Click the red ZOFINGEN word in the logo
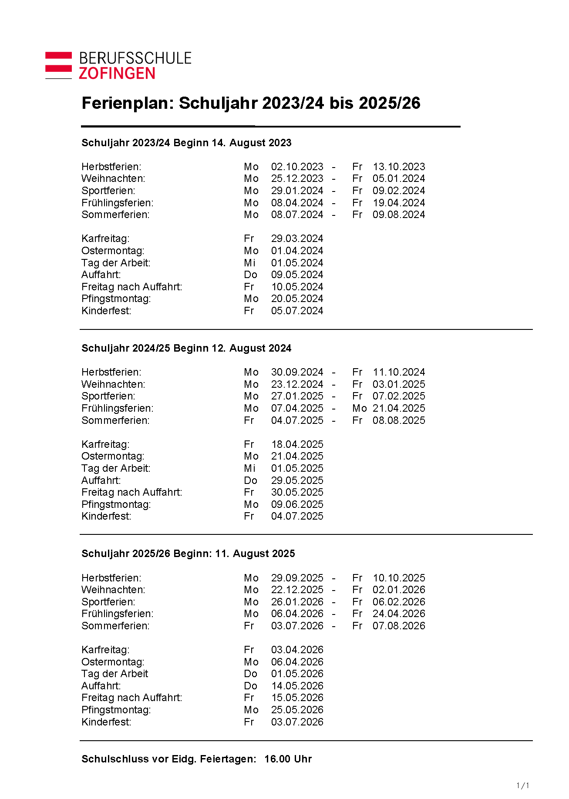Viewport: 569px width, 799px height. click(117, 73)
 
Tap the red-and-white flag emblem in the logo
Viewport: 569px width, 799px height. click(58, 65)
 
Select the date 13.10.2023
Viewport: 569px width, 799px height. click(399, 167)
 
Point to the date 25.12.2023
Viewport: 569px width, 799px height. click(297, 178)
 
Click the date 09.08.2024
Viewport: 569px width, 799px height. click(399, 215)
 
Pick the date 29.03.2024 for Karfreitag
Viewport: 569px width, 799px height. click(297, 238)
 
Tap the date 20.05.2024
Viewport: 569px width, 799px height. click(297, 299)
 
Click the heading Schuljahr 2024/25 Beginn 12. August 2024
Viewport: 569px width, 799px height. click(186, 348)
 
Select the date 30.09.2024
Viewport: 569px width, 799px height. click(297, 372)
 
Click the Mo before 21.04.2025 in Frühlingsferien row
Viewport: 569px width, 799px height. click(360, 408)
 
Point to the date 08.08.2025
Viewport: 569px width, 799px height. click(399, 420)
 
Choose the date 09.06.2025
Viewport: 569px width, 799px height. click(297, 504)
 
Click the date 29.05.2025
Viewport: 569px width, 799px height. click(297, 480)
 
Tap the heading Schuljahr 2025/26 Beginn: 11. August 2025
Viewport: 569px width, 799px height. click(188, 554)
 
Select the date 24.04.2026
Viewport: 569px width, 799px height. click(399, 614)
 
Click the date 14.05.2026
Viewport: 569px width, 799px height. click(297, 686)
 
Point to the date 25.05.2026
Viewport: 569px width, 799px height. click(297, 710)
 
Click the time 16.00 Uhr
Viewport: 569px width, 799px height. click(288, 759)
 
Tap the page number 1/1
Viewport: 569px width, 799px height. click(522, 786)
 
